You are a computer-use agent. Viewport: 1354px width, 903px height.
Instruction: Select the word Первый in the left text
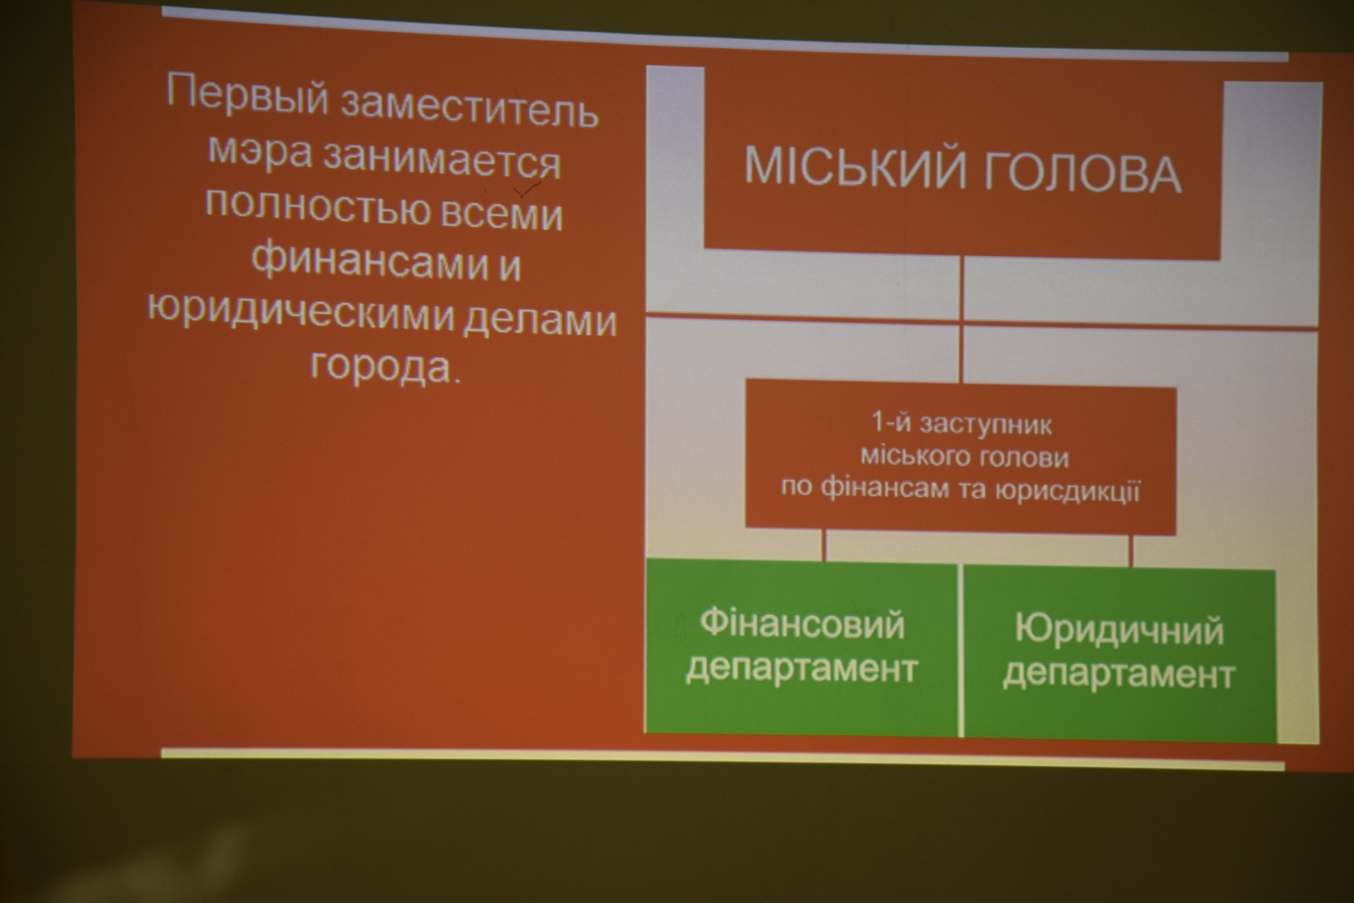coord(247,95)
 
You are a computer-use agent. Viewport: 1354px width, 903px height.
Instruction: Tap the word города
coord(382,364)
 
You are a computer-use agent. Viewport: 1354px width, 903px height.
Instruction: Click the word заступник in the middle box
coord(986,425)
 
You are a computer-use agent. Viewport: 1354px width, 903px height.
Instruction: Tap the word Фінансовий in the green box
coord(802,622)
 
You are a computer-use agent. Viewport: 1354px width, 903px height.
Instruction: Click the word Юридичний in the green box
coord(1119,630)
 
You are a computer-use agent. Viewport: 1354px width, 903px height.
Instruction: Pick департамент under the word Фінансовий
coord(802,668)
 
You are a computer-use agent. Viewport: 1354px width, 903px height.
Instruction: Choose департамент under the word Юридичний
coord(1119,674)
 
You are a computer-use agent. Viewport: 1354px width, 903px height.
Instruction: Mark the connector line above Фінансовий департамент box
coord(823,545)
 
